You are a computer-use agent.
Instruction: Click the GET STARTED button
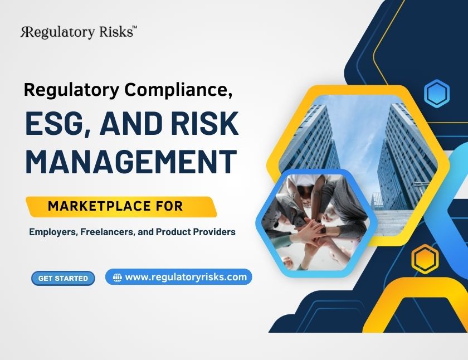point(63,278)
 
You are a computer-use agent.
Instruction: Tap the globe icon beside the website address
point(117,278)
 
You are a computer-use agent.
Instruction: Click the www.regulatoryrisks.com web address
point(186,277)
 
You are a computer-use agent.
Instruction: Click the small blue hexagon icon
point(436,94)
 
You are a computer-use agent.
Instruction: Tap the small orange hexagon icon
point(425,259)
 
